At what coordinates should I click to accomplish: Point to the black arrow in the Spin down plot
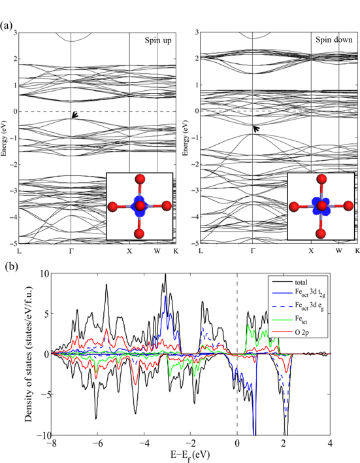tap(257, 129)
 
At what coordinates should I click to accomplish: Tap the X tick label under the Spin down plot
tap(311, 250)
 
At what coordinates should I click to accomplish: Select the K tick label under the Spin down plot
tap(357, 250)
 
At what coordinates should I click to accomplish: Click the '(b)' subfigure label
tap(7, 267)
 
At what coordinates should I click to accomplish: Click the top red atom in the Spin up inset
tap(138, 180)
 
